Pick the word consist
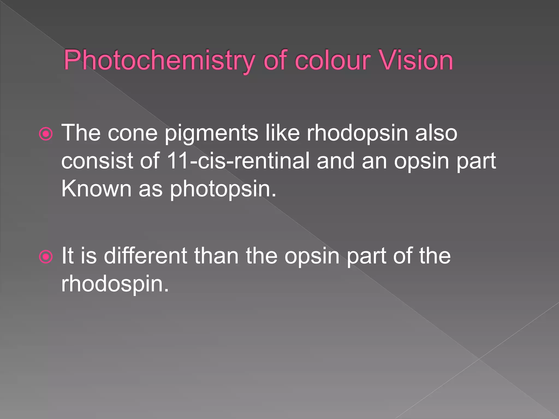[x=97, y=161]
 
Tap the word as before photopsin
[x=151, y=189]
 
